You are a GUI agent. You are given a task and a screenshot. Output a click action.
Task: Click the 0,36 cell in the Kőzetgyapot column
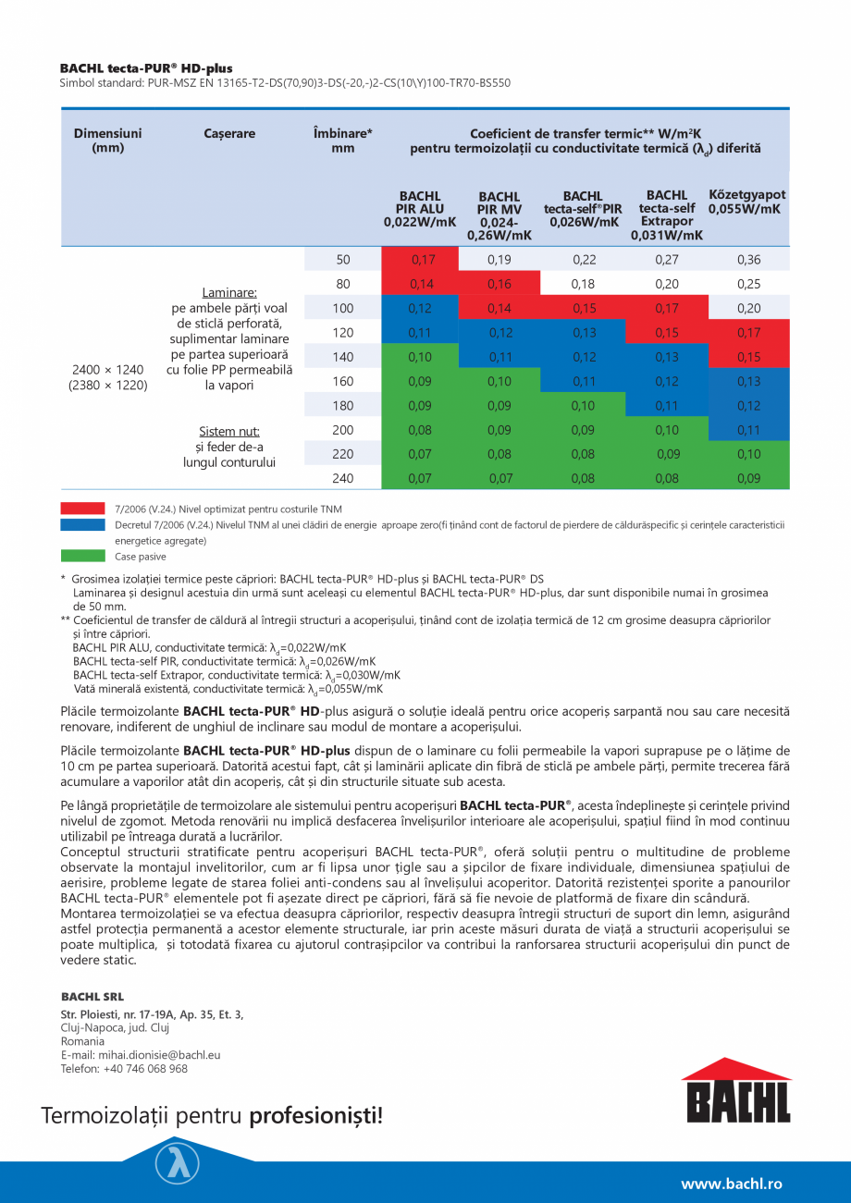[749, 260]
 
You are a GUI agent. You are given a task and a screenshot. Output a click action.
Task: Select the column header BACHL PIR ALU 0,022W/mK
[420, 209]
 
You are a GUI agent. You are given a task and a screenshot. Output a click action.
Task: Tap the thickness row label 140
[343, 357]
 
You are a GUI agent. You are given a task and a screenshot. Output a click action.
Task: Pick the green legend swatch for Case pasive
[82, 557]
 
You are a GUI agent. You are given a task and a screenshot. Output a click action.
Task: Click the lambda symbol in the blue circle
[177, 1163]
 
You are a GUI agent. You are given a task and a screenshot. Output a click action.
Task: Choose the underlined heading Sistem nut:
[229, 431]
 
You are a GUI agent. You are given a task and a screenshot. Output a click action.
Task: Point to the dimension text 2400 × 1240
[108, 370]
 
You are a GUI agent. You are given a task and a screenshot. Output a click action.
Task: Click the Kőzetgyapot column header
[746, 202]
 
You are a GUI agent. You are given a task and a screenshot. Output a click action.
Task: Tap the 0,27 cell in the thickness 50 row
[666, 260]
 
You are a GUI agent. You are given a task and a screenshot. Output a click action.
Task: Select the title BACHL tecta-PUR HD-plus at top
[146, 68]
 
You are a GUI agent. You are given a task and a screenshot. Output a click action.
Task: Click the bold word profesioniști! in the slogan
[315, 1116]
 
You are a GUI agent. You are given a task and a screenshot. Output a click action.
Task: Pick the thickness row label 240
[343, 478]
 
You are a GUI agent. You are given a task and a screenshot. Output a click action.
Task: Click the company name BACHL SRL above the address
[92, 997]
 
